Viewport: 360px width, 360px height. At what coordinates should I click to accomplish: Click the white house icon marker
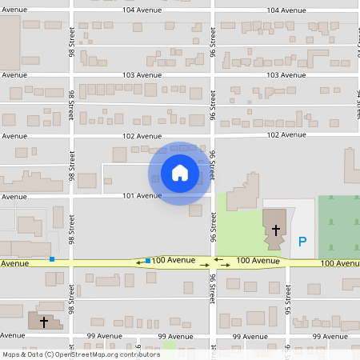pos(180,173)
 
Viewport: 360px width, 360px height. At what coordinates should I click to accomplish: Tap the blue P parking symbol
pos(302,241)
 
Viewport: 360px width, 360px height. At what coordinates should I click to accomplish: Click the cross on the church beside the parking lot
pos(275,230)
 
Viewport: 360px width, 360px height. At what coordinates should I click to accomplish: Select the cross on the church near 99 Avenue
pos(43,322)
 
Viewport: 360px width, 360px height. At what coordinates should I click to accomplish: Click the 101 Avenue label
pos(142,195)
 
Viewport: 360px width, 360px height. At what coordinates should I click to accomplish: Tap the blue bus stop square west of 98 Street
pos(52,259)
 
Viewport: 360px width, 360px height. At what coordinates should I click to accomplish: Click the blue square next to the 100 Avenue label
pos(148,261)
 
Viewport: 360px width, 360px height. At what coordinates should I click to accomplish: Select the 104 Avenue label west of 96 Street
pos(142,10)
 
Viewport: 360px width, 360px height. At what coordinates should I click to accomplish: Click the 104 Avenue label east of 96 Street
pos(286,10)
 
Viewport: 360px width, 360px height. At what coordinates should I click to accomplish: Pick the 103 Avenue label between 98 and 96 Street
pos(142,74)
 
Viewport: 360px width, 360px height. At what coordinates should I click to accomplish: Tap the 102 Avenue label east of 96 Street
pos(286,135)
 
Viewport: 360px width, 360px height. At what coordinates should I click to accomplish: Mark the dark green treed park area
pos(338,226)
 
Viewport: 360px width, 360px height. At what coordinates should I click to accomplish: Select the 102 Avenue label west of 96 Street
pos(142,135)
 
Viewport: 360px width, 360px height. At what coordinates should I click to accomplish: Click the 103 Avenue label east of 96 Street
pos(286,74)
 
